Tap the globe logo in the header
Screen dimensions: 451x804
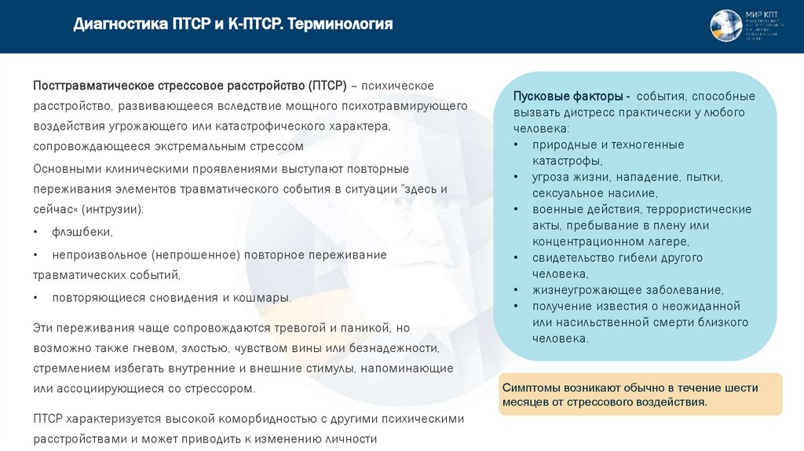click(726, 26)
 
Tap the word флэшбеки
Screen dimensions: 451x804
click(82, 232)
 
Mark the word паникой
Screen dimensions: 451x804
click(364, 327)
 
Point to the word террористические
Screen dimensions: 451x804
click(700, 209)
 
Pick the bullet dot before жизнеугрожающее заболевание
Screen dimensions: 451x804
click(515, 290)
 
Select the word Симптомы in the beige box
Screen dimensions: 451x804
click(531, 387)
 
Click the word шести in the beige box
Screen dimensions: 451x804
click(742, 387)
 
